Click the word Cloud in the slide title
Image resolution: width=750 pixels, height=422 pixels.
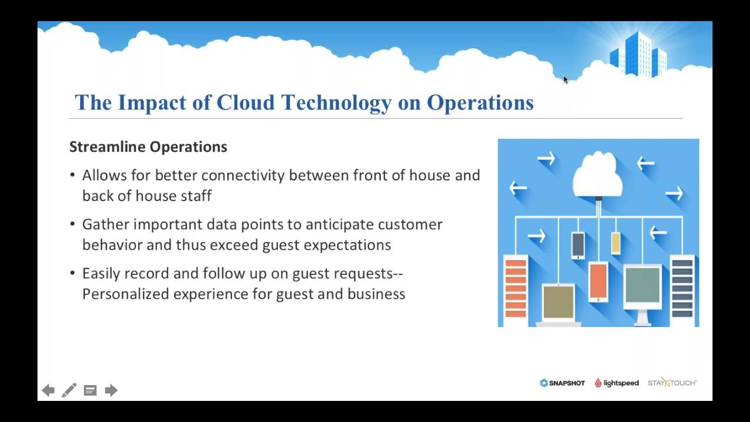tap(246, 103)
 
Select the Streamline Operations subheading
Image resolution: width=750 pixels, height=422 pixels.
tap(148, 147)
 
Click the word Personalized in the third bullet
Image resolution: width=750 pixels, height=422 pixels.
tap(125, 294)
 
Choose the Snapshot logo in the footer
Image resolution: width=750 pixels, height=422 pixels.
tap(562, 383)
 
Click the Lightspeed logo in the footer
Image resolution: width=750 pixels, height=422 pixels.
tap(616, 383)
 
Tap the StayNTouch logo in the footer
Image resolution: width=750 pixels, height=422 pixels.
tap(672, 383)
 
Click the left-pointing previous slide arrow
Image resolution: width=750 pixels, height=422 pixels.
tap(48, 390)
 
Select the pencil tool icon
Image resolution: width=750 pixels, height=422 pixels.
tap(69, 390)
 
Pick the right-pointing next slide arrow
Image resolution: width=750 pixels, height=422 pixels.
tap(111, 390)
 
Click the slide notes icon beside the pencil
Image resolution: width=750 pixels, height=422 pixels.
tap(90, 390)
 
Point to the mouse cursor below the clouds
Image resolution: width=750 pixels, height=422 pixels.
tap(565, 80)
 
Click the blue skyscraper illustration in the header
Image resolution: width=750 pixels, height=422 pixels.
tap(639, 54)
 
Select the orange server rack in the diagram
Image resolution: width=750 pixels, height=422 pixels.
tap(515, 287)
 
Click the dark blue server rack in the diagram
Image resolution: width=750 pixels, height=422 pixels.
tap(682, 287)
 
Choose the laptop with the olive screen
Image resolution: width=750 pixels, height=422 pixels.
tap(558, 304)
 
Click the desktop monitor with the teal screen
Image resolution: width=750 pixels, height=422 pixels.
tap(642, 287)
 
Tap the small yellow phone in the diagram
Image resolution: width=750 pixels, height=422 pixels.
tap(616, 243)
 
